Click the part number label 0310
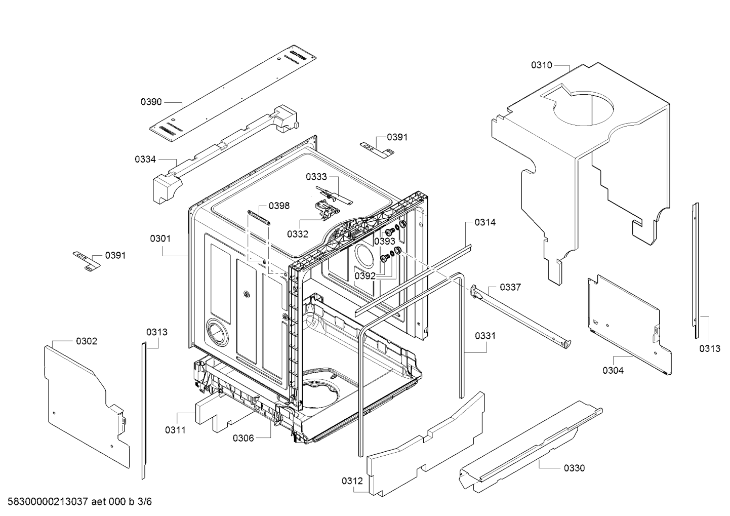542,65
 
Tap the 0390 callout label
151,102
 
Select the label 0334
145,160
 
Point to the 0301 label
160,239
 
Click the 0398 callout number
279,206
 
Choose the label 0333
316,177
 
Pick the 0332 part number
298,234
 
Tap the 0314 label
485,222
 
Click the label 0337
510,287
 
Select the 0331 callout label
485,336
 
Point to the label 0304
613,370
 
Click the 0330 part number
574,468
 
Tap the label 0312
352,481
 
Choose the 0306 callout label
243,438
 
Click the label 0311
175,430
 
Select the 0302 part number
87,341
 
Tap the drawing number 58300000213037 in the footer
48,501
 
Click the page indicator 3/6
145,501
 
